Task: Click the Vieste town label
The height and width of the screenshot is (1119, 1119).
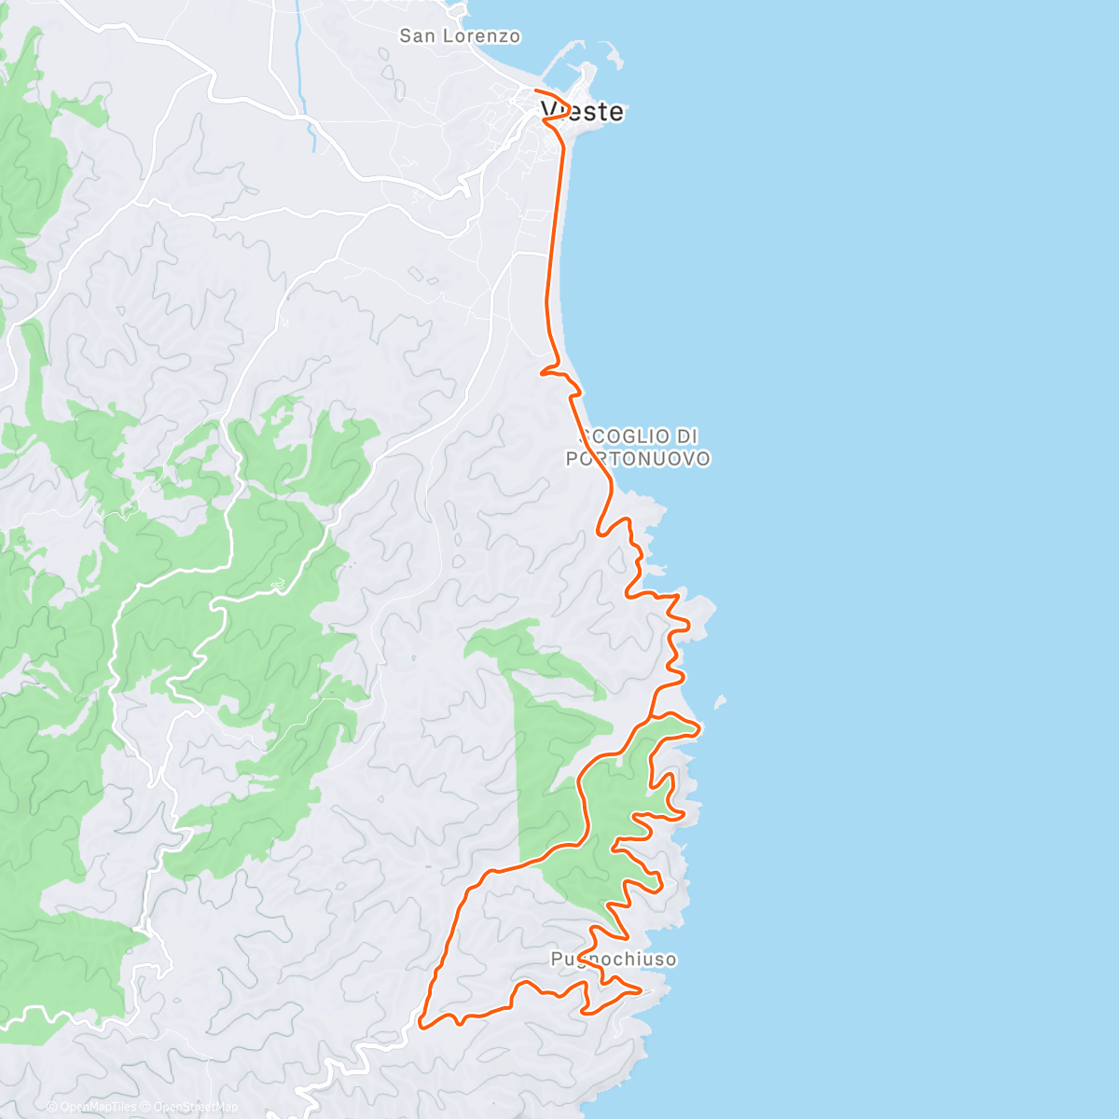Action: click(583, 112)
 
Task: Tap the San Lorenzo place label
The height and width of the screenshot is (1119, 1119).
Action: click(460, 36)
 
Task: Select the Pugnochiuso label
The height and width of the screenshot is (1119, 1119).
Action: click(614, 959)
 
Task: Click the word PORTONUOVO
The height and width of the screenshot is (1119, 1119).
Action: click(638, 459)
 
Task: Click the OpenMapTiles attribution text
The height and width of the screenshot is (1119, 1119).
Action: click(97, 1107)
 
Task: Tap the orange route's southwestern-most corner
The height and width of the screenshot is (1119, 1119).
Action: click(421, 1027)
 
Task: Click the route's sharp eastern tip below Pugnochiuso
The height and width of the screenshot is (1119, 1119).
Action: click(641, 991)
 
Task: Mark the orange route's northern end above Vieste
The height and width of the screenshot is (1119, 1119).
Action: click(535, 90)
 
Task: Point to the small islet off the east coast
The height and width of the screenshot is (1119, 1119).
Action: click(720, 700)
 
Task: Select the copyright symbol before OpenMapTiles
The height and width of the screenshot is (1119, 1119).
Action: click(52, 1107)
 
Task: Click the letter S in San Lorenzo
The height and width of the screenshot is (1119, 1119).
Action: click(406, 36)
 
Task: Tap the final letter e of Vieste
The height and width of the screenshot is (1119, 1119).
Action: click(616, 112)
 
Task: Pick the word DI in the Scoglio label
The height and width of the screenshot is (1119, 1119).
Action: click(686, 436)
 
